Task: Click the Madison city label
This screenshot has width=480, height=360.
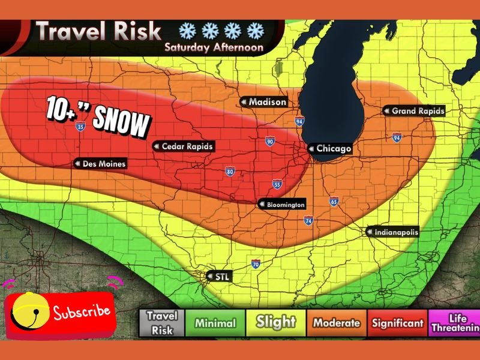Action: (263, 102)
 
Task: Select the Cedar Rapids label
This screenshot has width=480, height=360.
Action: (183, 146)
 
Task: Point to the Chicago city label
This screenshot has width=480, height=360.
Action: (329, 148)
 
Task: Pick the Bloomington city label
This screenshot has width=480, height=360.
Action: (282, 205)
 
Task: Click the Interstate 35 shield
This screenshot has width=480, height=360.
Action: (80, 126)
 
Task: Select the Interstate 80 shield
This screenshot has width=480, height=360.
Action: (230, 172)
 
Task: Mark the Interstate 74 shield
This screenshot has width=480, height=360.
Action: (308, 221)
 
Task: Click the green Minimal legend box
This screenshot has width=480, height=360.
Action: (215, 323)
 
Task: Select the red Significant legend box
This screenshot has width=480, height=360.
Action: (397, 323)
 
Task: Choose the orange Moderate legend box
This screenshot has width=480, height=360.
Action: (336, 323)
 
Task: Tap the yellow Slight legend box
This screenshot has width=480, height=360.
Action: (276, 323)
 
